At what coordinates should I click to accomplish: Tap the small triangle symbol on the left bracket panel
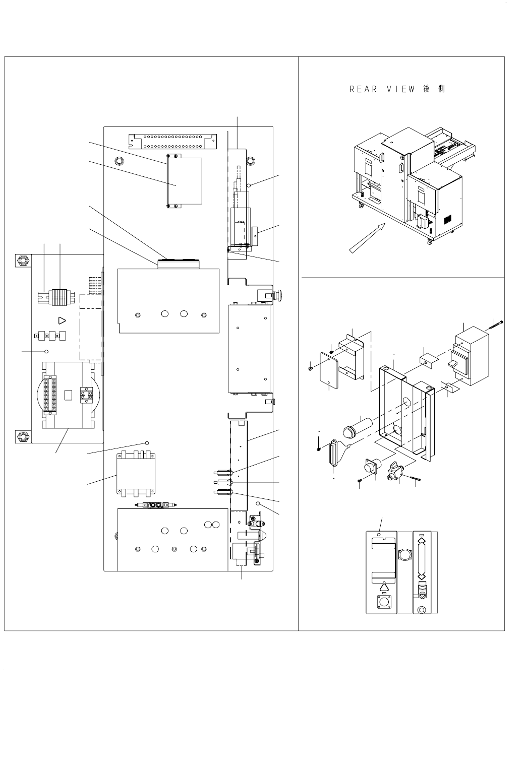tap(62, 320)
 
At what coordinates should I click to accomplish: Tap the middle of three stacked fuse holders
tap(221, 483)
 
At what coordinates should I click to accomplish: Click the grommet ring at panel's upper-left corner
tap(119, 161)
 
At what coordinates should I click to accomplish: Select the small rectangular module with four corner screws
tap(185, 181)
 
